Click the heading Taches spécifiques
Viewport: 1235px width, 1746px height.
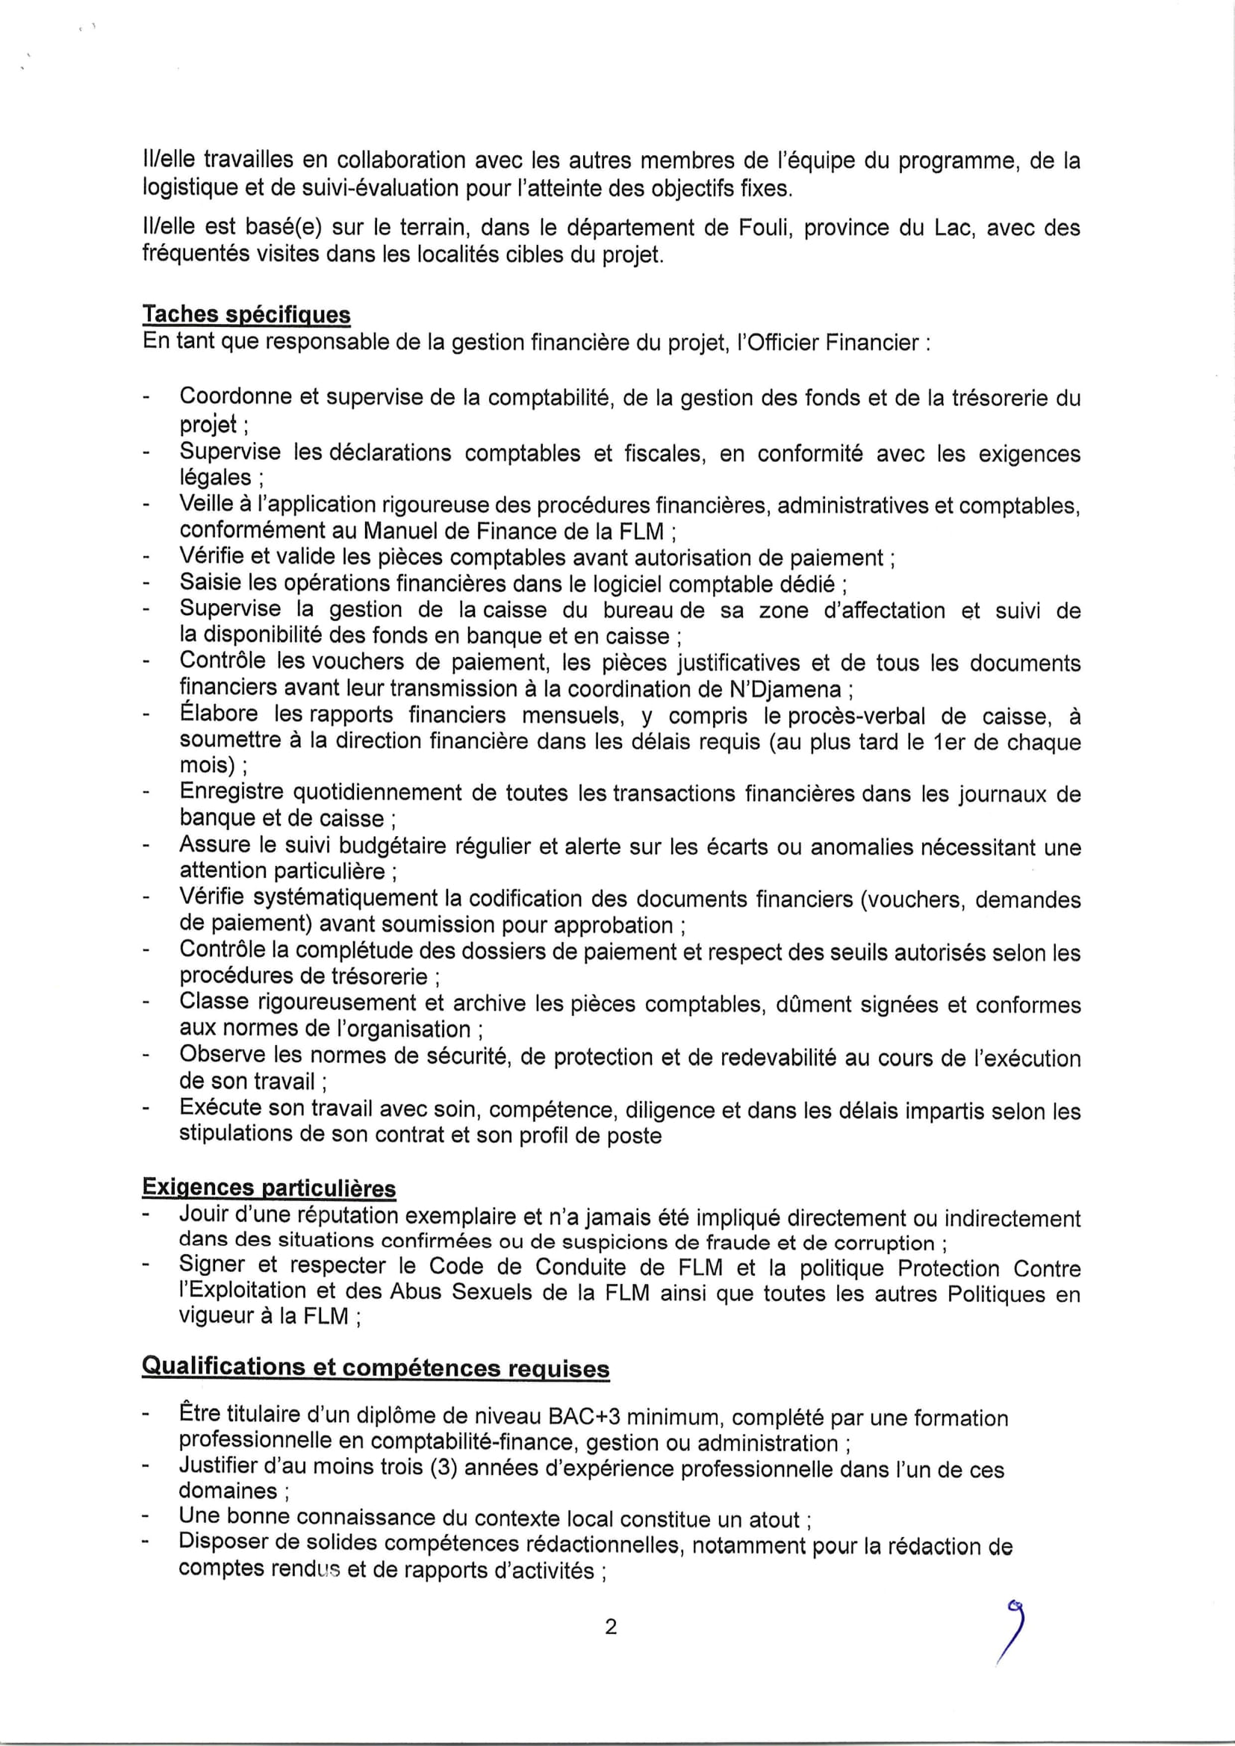pos(246,315)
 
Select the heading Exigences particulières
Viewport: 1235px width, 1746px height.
pos(269,1188)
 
